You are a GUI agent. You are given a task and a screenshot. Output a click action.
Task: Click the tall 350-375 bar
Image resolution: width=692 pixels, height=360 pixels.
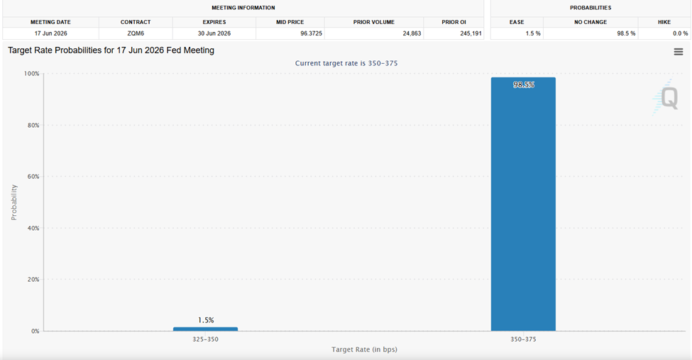[x=523, y=204]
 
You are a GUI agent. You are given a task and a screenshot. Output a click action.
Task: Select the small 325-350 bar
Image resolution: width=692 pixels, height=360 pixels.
[x=205, y=329]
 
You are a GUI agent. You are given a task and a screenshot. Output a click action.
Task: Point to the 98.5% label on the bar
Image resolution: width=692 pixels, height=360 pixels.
[x=523, y=84]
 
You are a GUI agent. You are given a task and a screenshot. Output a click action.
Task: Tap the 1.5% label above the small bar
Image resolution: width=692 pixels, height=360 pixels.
[x=206, y=320]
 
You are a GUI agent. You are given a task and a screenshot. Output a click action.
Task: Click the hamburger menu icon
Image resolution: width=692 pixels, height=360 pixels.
[x=679, y=52]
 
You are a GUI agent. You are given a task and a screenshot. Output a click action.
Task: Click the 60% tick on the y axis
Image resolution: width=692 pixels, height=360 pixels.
[x=33, y=177]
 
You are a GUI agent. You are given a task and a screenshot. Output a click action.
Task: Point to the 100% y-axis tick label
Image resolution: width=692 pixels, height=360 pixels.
[x=32, y=74]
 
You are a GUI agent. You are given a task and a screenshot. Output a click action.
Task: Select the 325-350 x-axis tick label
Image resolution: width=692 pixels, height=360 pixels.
[x=205, y=339]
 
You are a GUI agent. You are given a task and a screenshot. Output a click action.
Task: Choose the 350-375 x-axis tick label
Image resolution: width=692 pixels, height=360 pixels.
[x=523, y=339]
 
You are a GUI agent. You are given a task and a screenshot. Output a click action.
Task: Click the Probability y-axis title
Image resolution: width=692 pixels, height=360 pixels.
[x=13, y=202]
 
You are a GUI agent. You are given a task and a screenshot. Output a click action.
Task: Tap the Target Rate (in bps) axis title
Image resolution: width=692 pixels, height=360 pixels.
[x=364, y=349]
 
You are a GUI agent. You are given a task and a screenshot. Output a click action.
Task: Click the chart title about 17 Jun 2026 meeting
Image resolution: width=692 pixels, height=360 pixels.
[x=111, y=50]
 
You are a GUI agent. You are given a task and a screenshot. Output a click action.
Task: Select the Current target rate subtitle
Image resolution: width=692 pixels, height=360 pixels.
[x=346, y=63]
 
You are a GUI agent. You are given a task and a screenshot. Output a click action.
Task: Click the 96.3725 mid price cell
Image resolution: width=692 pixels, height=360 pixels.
[x=311, y=33]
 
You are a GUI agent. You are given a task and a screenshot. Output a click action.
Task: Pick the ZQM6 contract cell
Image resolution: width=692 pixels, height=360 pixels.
[x=136, y=33]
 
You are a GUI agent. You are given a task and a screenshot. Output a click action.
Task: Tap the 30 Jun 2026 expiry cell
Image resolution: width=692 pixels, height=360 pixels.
[x=214, y=33]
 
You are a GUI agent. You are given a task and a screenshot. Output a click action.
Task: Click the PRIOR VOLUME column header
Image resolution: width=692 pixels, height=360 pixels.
[x=374, y=22]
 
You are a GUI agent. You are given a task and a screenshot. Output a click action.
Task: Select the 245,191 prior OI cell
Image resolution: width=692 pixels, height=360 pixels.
[x=471, y=33]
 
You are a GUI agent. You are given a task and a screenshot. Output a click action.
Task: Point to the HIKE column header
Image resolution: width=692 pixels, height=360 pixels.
[x=664, y=22]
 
